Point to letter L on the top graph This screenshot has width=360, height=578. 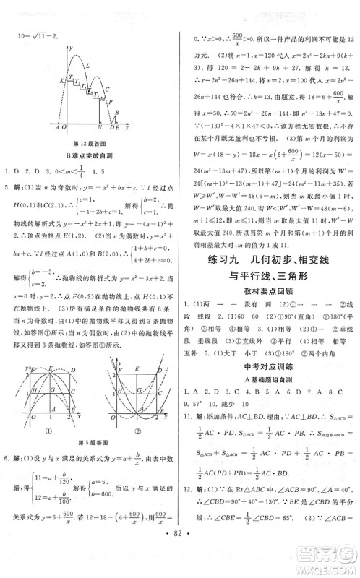point(87,66)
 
